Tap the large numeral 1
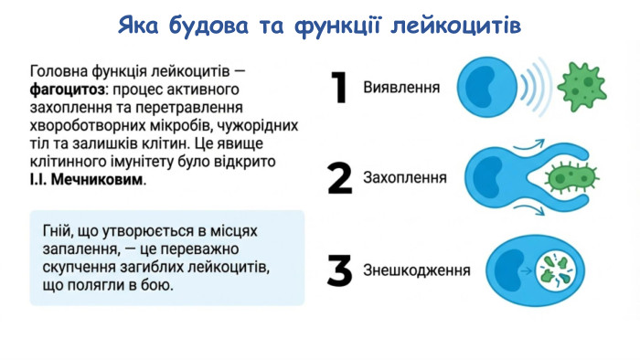[339, 89]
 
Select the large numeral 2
[339, 178]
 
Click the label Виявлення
[401, 89]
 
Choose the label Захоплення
[405, 178]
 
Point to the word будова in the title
[209, 25]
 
